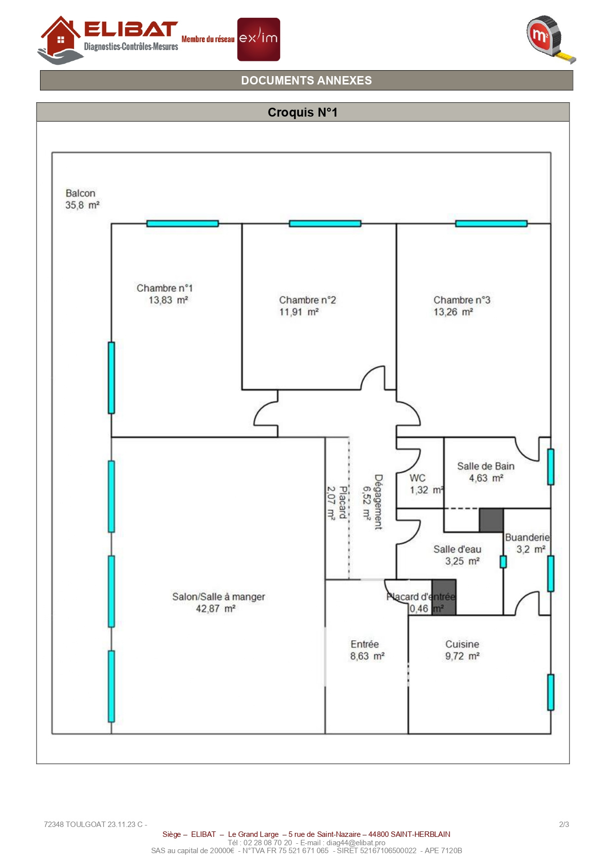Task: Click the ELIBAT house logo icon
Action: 60,40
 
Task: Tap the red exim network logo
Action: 258,40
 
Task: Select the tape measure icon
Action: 550,39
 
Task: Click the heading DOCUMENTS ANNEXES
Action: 306,81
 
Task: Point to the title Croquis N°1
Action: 302,112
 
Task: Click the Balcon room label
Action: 81,193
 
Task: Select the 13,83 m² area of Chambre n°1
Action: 168,300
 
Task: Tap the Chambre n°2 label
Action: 307,300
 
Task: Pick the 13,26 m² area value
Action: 453,312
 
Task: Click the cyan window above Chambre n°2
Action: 325,223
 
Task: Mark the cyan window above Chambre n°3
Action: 491,223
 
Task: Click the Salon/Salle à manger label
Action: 218,597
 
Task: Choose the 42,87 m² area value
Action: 215,609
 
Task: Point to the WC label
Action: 417,478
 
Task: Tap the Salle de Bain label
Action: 486,466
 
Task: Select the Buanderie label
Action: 527,537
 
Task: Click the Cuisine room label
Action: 462,644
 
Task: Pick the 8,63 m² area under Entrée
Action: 367,656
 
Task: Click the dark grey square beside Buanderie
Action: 491,520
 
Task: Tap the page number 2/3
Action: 564,824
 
